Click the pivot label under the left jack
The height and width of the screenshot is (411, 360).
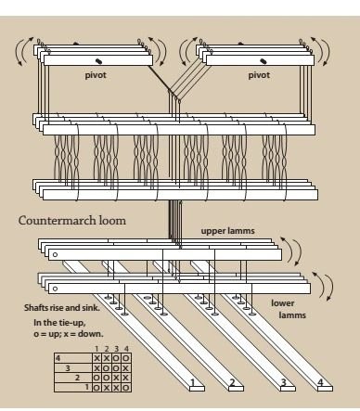click(96, 75)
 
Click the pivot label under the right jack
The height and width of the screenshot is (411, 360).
click(259, 75)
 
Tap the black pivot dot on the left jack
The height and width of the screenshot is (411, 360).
click(98, 61)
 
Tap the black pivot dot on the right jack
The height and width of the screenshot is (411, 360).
click(264, 61)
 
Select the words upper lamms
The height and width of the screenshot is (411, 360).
click(228, 231)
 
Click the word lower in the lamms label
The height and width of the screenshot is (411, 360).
click(283, 303)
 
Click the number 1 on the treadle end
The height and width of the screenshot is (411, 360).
click(193, 382)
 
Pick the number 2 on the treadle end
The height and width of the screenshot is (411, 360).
click(232, 383)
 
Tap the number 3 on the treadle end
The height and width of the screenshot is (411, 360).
click(283, 383)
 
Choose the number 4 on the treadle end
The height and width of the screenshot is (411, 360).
click(320, 382)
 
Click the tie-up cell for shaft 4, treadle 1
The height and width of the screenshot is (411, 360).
click(96, 358)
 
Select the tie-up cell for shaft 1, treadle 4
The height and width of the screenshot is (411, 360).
click(126, 387)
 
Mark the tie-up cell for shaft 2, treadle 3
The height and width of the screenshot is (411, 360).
click(116, 378)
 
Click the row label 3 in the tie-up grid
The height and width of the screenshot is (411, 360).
click(68, 368)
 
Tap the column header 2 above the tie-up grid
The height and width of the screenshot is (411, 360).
click(107, 349)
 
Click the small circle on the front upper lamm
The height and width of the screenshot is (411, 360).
click(55, 255)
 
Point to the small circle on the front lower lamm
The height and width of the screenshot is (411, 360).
click(55, 289)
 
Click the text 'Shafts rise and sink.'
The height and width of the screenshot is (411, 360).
click(62, 308)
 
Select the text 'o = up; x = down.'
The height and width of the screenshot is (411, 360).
click(69, 334)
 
